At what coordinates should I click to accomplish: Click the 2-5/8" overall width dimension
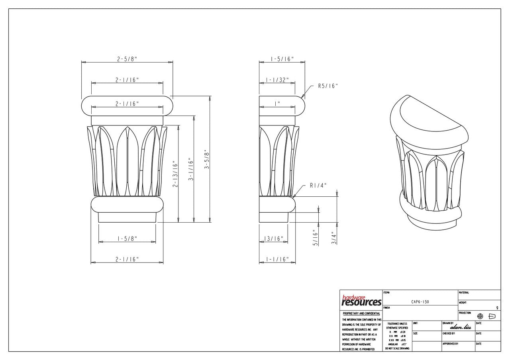point(127,59)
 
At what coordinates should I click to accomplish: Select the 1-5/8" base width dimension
point(127,239)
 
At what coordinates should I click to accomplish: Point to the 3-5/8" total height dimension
point(206,159)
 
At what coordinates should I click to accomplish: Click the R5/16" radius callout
point(328,86)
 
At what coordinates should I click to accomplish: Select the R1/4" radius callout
point(318,185)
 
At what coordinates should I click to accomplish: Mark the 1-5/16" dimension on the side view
point(282,59)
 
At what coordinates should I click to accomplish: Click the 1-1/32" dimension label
point(277,80)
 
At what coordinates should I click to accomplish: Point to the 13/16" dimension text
point(274,239)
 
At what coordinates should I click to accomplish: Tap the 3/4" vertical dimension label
point(334,238)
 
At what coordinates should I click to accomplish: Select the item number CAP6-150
point(420,302)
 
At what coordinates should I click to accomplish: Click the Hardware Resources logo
point(361,301)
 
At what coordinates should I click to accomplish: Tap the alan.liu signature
point(460,327)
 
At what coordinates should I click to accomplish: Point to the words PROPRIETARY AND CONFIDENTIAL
point(361,314)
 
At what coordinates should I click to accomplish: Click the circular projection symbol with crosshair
point(480,316)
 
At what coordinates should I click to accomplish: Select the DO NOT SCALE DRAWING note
point(396,348)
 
